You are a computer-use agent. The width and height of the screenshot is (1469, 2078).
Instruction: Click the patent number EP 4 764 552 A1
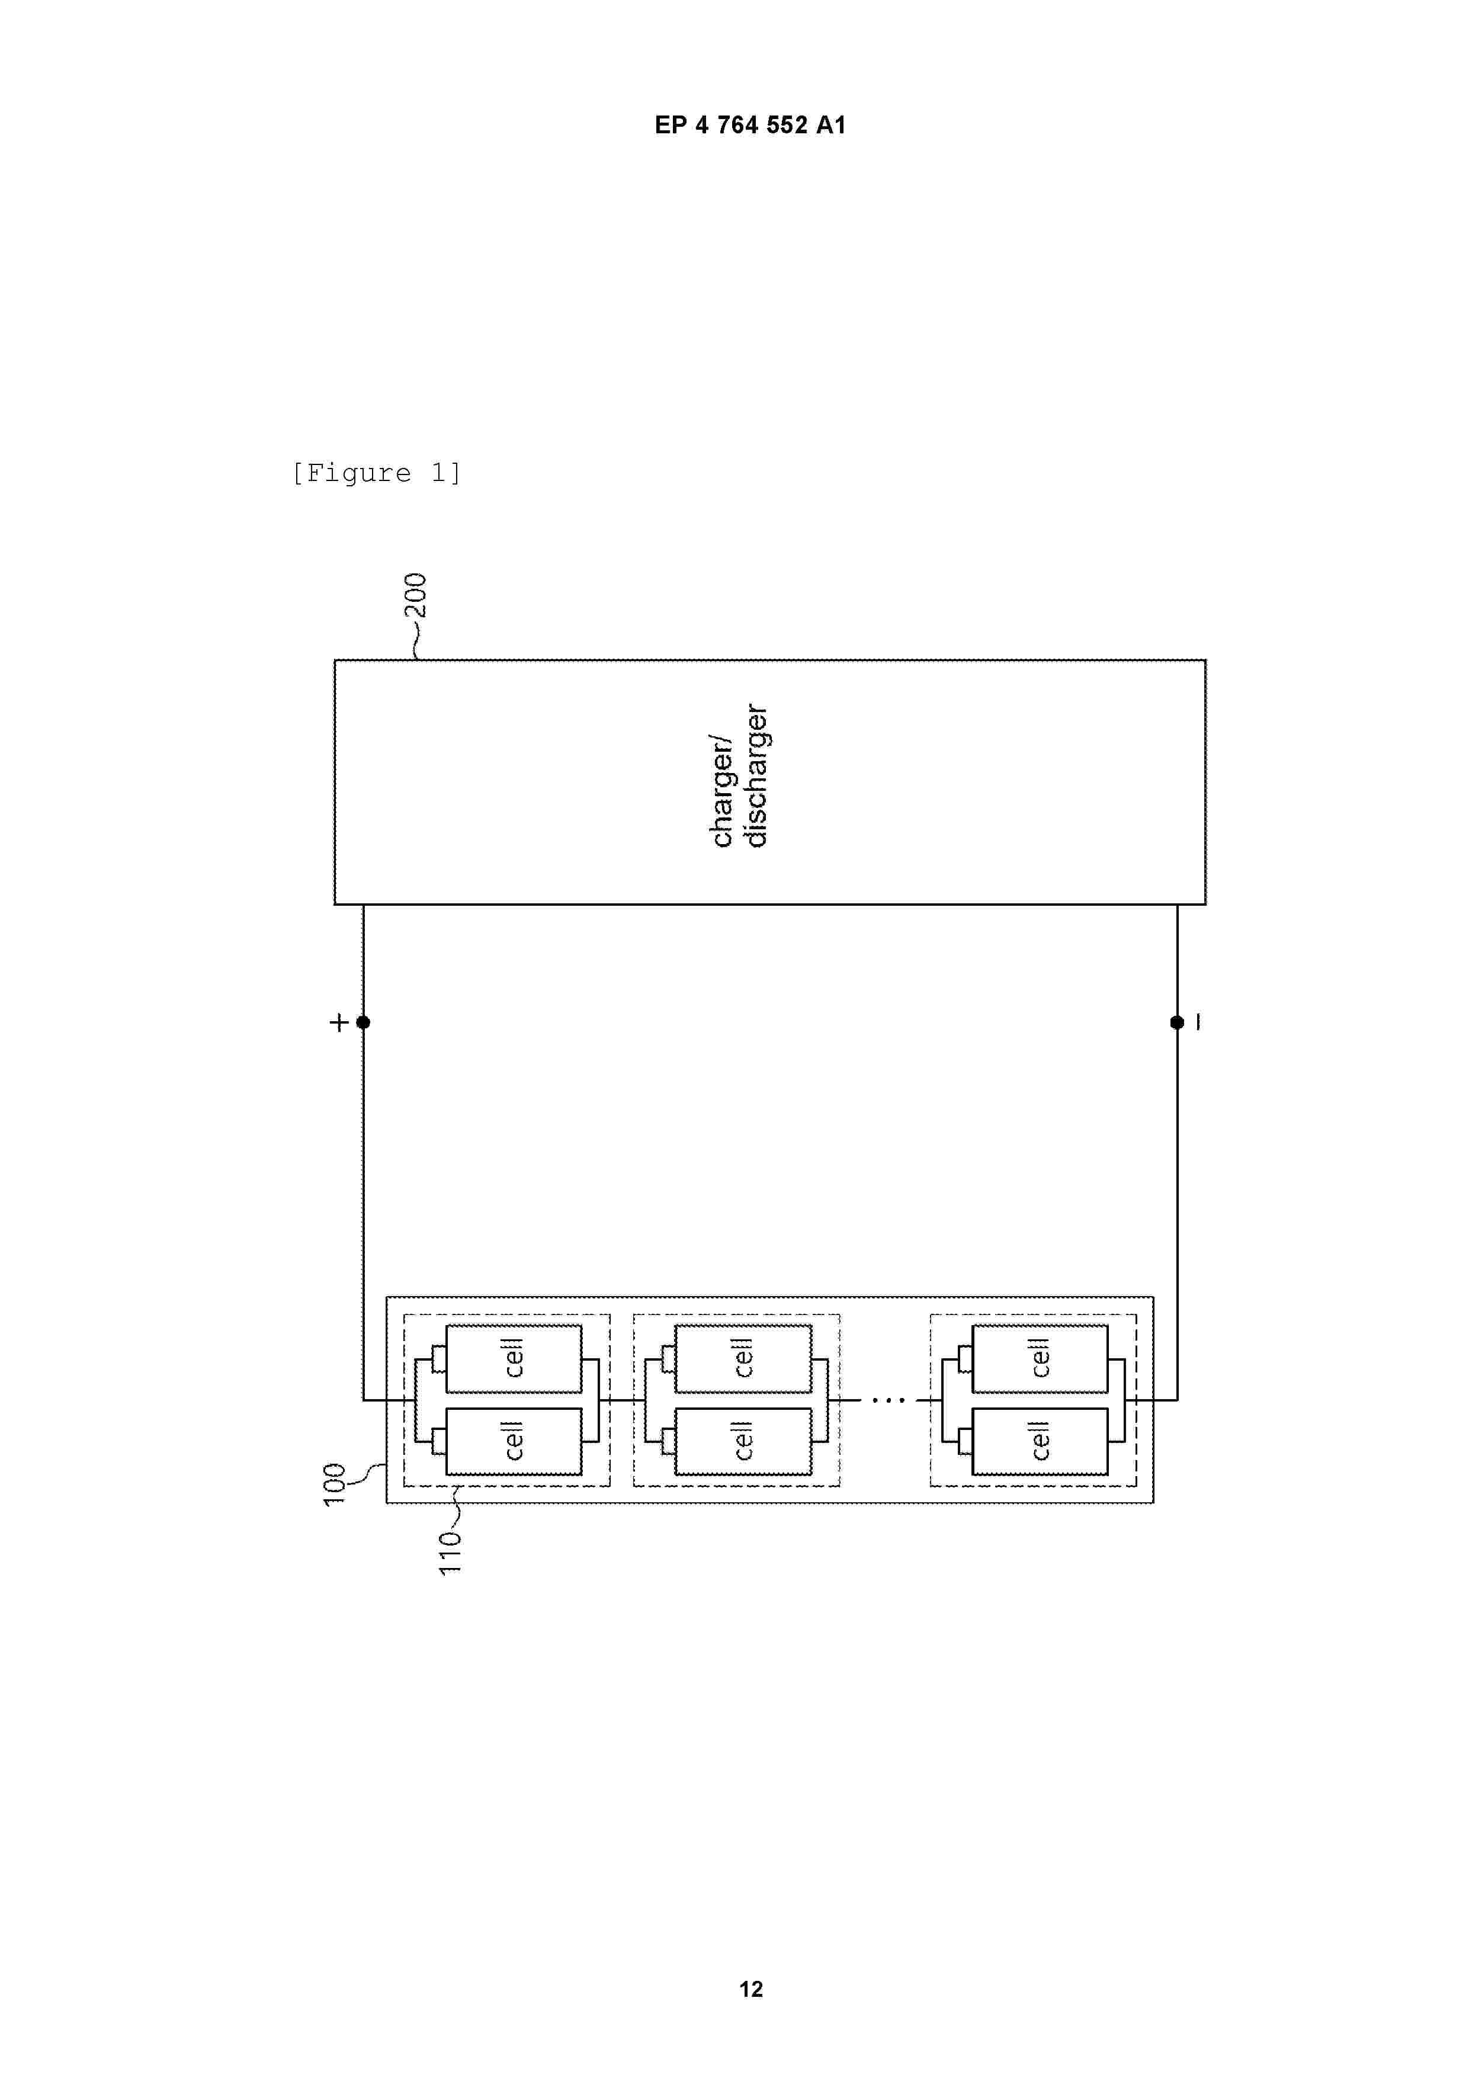[x=750, y=125]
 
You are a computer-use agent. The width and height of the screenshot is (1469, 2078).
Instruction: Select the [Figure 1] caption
[x=377, y=473]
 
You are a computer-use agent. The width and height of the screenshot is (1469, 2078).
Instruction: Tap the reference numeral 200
[x=415, y=595]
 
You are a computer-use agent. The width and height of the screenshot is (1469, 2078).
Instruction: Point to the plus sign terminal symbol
[x=338, y=1022]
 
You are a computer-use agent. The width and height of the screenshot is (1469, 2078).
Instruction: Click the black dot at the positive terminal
[x=363, y=1022]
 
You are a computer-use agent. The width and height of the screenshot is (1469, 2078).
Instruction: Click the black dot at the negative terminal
[x=1176, y=1022]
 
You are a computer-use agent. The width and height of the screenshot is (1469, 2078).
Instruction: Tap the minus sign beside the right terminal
[x=1198, y=1022]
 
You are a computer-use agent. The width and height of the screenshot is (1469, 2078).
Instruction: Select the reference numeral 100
[x=335, y=1483]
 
